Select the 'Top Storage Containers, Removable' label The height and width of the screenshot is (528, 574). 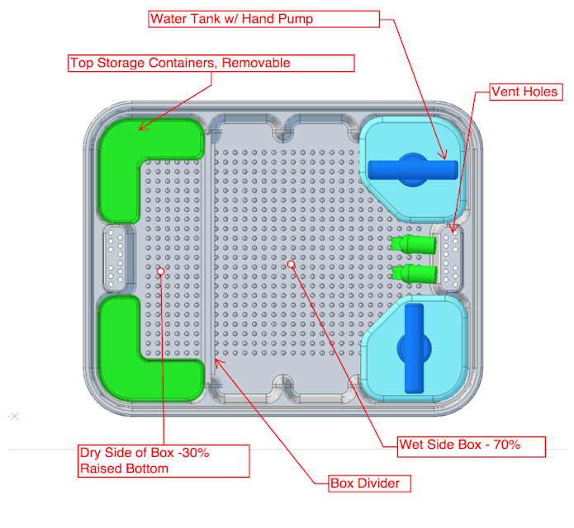click(211, 64)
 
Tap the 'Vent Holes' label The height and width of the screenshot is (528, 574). click(524, 91)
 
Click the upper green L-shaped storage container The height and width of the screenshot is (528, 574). click(145, 162)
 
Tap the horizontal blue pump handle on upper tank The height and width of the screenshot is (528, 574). click(413, 168)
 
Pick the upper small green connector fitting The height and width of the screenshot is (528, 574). click(412, 245)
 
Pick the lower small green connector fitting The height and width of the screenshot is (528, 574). click(412, 273)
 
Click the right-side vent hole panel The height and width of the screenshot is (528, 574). click(452, 259)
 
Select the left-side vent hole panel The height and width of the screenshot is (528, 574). click(115, 259)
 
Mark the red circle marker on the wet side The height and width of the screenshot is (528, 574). click(291, 264)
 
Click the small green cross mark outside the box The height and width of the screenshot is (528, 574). click(12, 416)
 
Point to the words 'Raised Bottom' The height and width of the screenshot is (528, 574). click(124, 469)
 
